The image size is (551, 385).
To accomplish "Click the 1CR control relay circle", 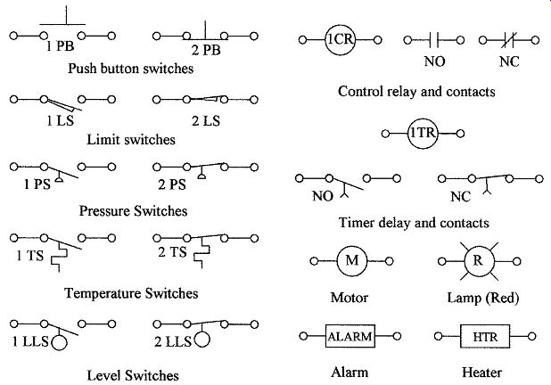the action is (x=326, y=40).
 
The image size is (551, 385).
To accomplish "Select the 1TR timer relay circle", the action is (x=408, y=134).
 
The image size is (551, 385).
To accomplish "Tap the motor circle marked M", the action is (x=337, y=261).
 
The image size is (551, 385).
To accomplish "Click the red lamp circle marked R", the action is (x=465, y=261).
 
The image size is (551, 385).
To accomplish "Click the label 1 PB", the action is (x=60, y=45).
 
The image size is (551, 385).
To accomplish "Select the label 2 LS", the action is (x=206, y=121).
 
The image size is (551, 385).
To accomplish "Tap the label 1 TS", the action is (x=30, y=256).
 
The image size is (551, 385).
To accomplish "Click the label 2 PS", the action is (x=172, y=184).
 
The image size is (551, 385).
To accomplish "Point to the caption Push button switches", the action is (x=131, y=68).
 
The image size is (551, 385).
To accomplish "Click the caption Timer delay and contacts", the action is (x=414, y=223).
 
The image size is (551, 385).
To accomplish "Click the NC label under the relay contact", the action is (x=509, y=61).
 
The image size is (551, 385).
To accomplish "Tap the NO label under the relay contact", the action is (x=435, y=61).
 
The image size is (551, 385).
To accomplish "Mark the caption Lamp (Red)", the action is (x=483, y=298).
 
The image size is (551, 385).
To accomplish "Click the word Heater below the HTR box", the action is (x=481, y=373).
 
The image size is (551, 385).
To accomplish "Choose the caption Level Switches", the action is (x=133, y=375).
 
